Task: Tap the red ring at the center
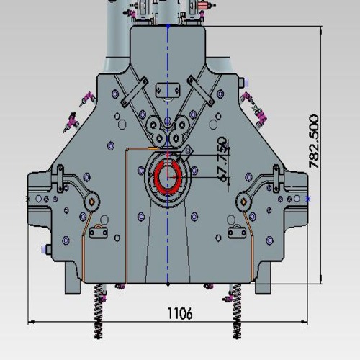(168, 176)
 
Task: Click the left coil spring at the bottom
(99, 310)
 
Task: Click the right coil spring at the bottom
(235, 310)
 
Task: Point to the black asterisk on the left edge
(28, 198)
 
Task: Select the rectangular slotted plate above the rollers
(168, 89)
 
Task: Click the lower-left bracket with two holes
(98, 231)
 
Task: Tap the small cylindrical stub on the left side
(45, 250)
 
